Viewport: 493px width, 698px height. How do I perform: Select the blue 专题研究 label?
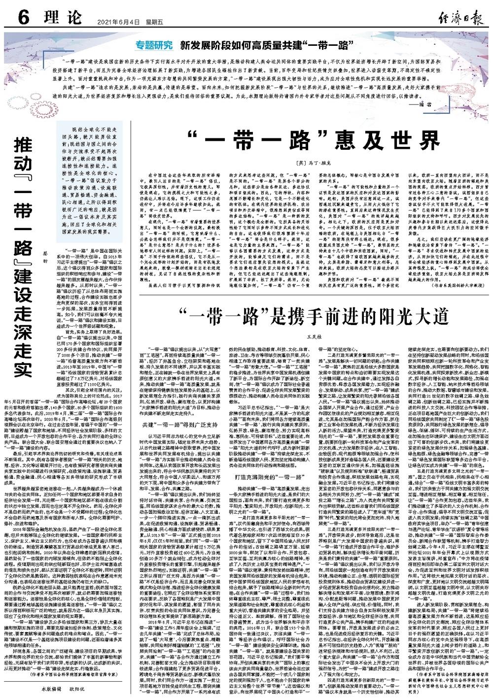155,46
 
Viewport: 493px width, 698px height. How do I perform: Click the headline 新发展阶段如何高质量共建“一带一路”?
268,46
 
